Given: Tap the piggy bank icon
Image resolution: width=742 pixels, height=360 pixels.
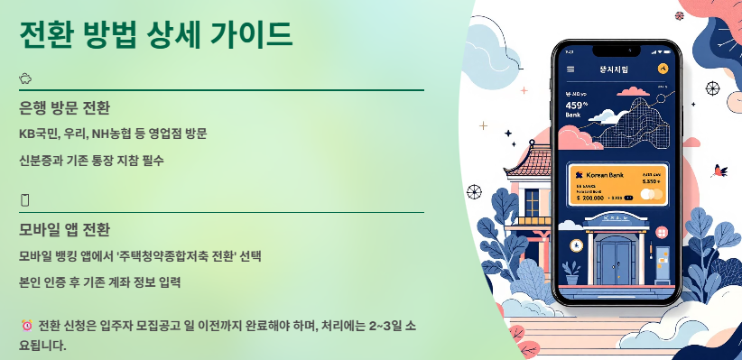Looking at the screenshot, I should click(25, 78).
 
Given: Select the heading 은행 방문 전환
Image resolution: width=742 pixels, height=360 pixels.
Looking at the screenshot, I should click(64, 109).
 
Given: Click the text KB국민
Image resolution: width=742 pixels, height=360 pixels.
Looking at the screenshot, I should click(38, 134).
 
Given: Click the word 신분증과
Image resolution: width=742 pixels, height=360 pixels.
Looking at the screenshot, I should click(40, 161).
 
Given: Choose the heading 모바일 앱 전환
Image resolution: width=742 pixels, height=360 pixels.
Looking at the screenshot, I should click(64, 229).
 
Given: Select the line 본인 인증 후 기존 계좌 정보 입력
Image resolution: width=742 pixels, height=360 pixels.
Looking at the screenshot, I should click(99, 282).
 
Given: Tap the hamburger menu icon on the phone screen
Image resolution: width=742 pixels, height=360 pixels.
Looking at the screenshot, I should click(570, 69).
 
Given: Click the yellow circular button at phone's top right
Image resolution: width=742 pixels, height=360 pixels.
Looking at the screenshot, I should click(663, 69).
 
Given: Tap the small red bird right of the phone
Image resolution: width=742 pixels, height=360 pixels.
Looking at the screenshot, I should click(719, 170).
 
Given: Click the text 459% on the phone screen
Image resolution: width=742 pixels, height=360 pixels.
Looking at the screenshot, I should click(576, 105).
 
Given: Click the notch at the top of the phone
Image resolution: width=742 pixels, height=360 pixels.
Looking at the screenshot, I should click(617, 49).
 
